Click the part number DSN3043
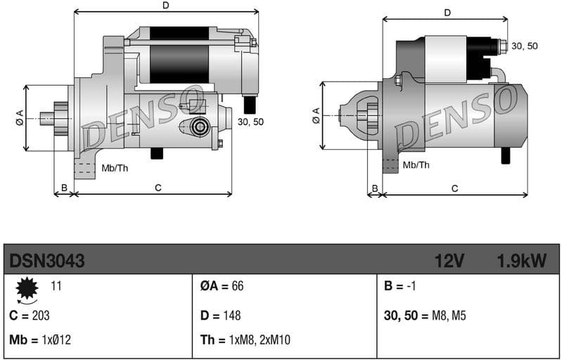47,261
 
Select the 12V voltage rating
449,261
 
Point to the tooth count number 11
56,285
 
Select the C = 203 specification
30,316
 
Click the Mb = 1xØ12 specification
40,340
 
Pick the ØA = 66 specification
222,286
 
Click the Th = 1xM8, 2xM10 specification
245,340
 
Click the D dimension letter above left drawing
166,6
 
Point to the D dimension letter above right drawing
447,13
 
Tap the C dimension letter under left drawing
158,188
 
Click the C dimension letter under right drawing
455,188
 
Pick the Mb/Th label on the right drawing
416,165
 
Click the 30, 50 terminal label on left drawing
251,122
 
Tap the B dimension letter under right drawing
375,188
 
